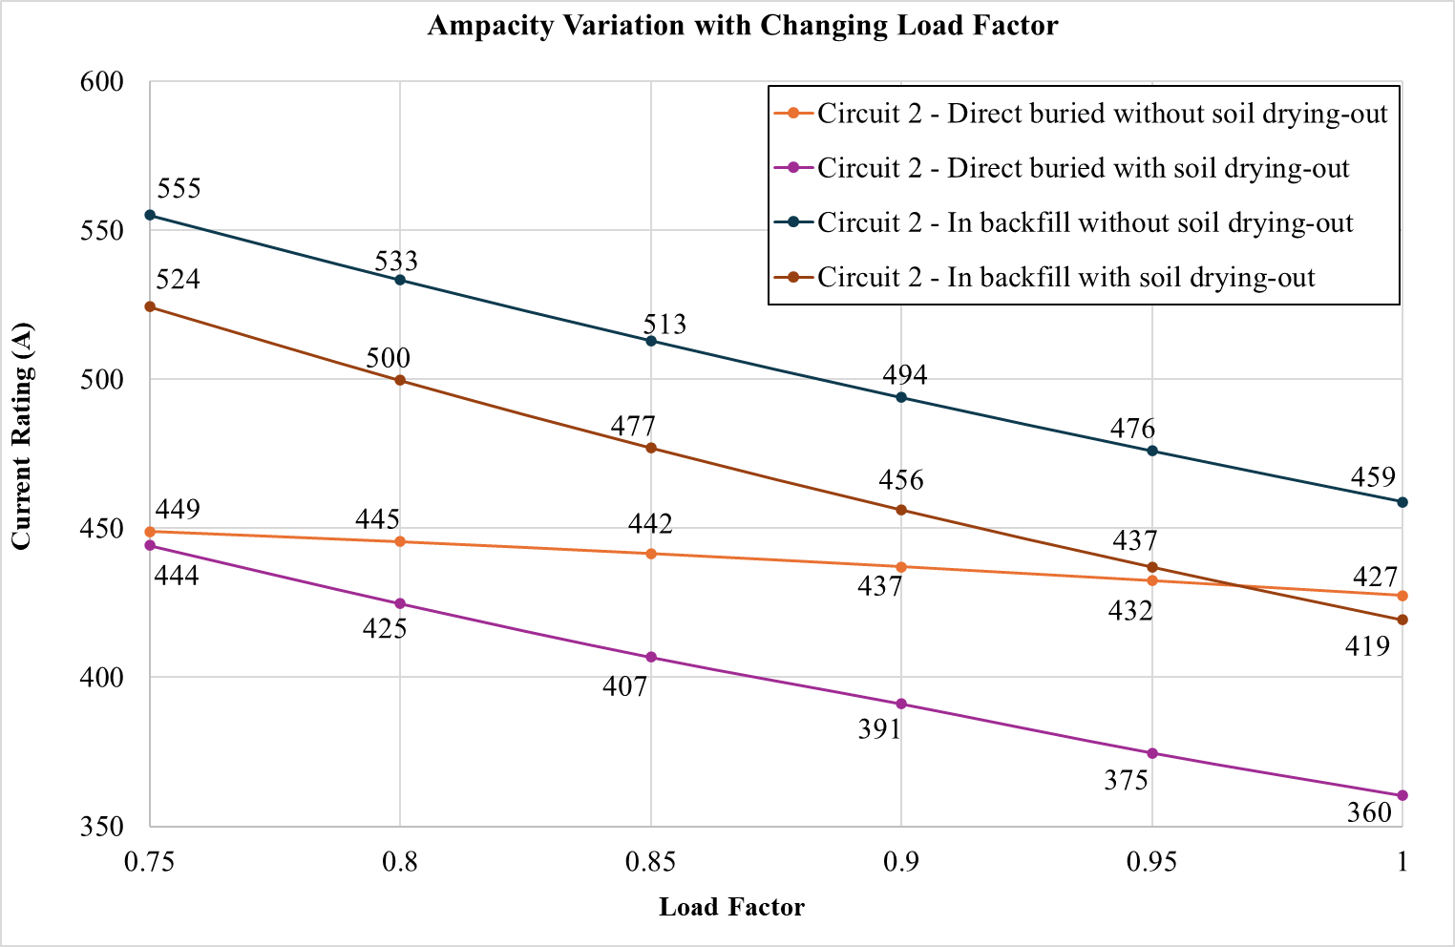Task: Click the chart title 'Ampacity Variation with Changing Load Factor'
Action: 742,26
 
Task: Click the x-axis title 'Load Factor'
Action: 731,907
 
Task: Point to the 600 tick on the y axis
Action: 102,81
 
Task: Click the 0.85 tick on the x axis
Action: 650,863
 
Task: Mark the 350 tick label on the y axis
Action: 102,827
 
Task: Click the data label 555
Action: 179,189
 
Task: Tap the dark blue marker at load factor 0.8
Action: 400,280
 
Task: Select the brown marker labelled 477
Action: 651,448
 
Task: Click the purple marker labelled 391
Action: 901,704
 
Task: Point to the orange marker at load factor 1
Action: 1402,596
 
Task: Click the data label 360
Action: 1369,813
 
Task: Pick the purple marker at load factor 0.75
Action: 150,545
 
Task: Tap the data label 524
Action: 179,281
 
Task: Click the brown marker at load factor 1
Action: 1402,620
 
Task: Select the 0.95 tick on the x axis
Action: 1151,863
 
